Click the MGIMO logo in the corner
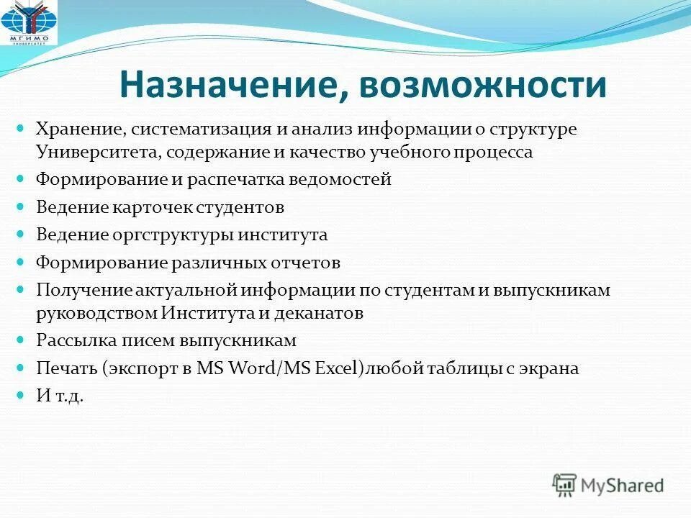(29, 22)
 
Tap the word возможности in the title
(483, 85)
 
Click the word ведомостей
(340, 180)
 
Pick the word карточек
(151, 207)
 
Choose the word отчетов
(305, 263)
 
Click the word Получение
(84, 291)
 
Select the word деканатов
(319, 314)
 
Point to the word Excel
(335, 368)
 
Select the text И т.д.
(60, 396)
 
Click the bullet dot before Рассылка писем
(20, 340)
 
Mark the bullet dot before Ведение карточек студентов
(20, 206)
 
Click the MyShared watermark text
(622, 486)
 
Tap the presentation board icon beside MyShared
(564, 485)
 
